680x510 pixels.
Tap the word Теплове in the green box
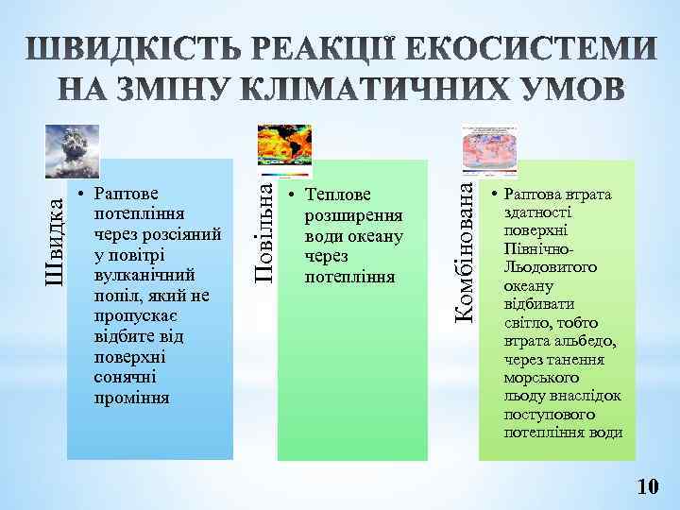point(338,195)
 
